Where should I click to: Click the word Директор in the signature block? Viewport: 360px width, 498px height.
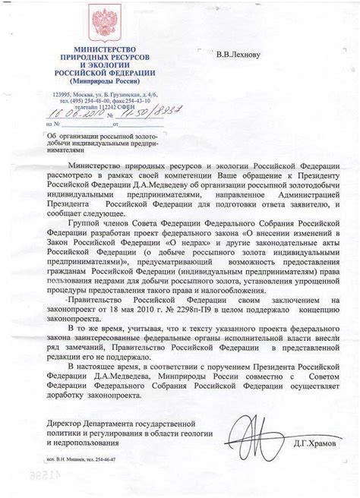[x=65, y=421]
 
